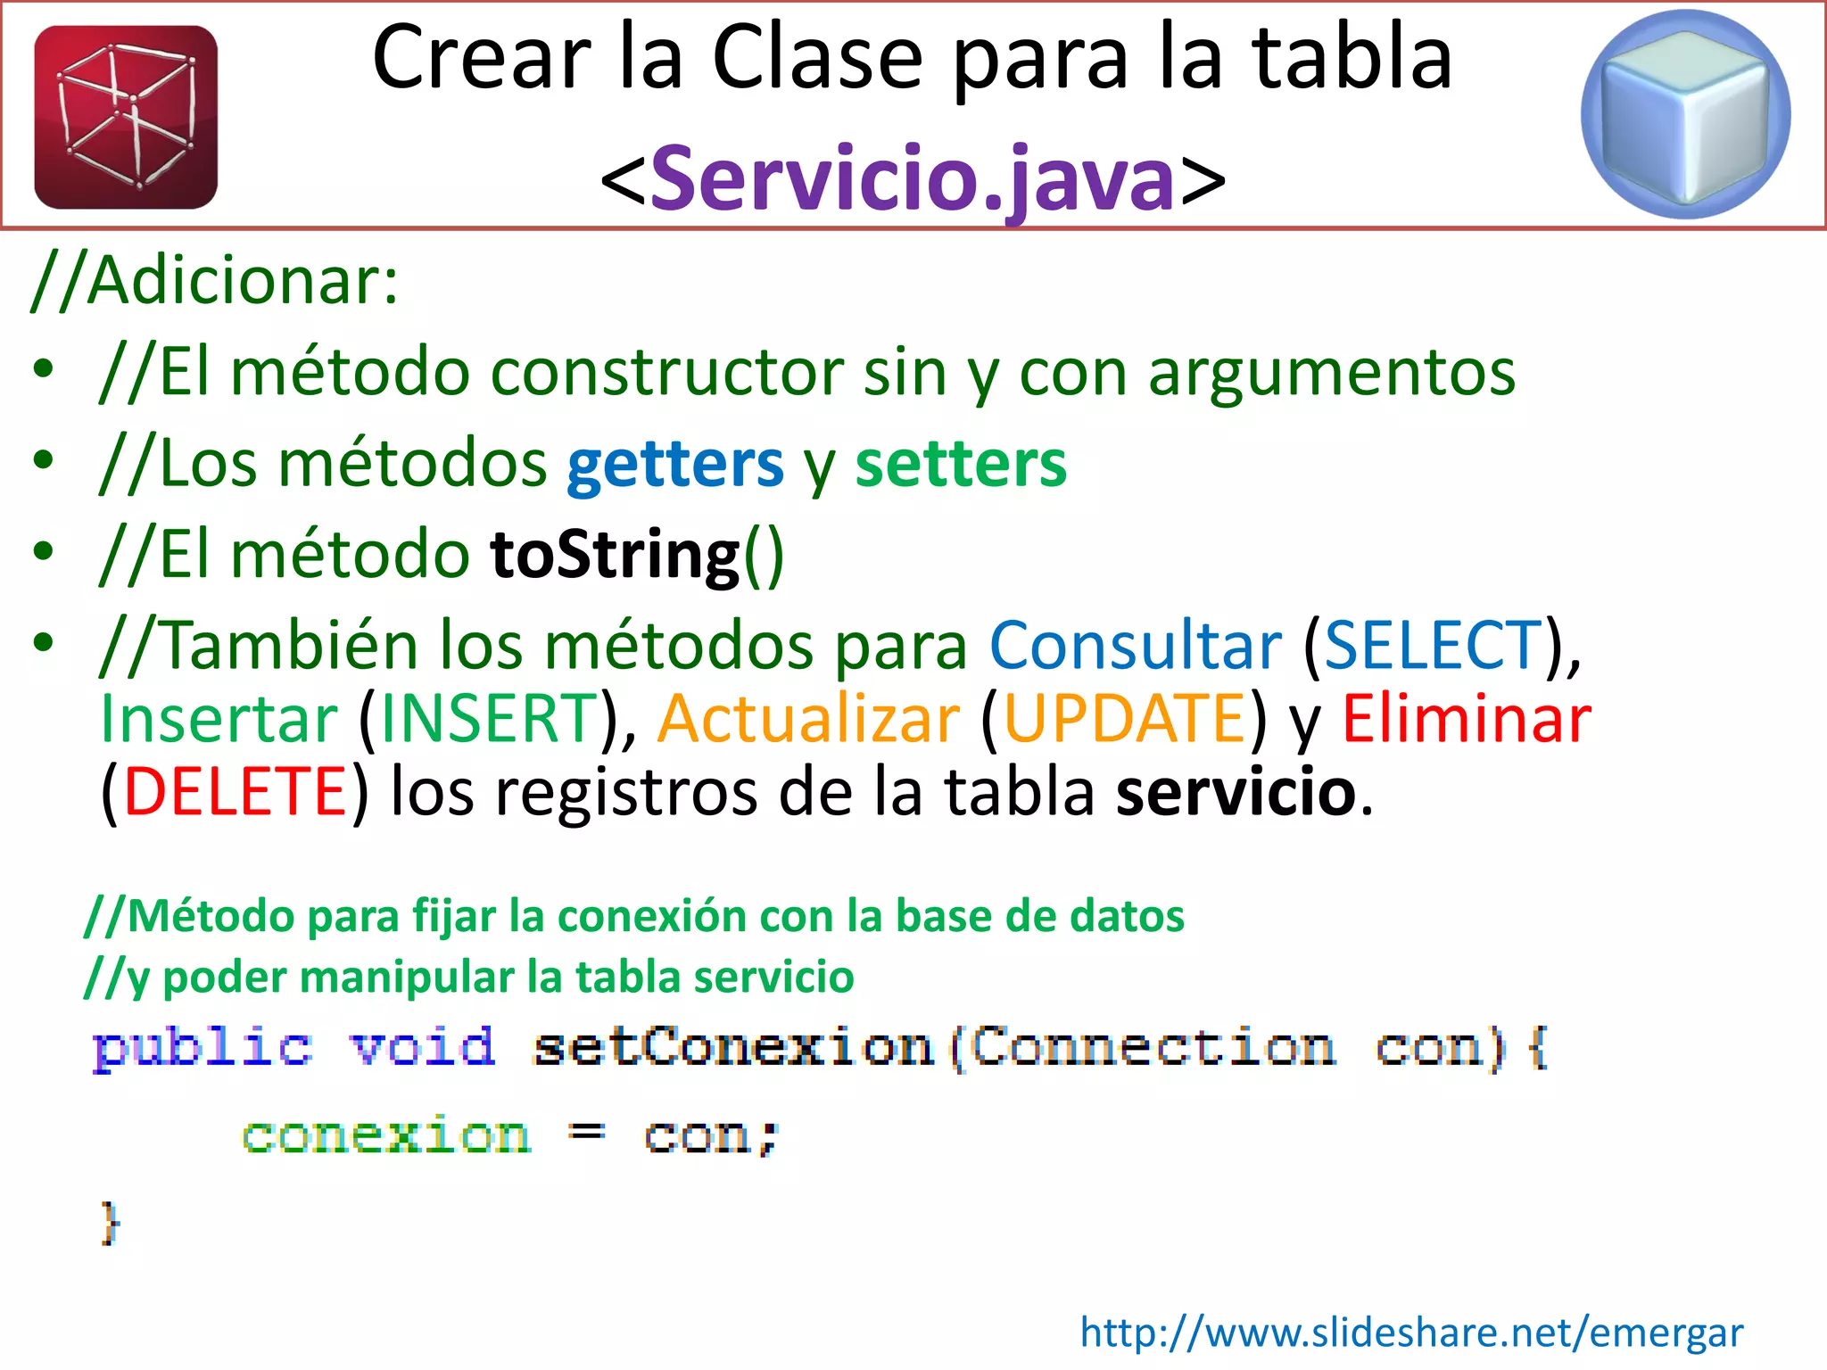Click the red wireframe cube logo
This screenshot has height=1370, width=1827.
tap(126, 117)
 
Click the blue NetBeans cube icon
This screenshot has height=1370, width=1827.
tap(1685, 114)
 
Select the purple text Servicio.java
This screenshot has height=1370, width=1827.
tap(912, 179)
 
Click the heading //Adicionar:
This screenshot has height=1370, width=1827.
tap(215, 281)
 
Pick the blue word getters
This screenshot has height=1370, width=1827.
tap(674, 464)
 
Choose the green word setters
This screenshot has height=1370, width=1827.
tap(960, 464)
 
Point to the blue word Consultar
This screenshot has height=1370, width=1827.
tap(1135, 645)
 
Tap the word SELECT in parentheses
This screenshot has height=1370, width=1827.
tap(1433, 645)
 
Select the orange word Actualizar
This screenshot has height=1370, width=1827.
tap(808, 718)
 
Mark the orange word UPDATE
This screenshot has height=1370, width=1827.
tap(1124, 718)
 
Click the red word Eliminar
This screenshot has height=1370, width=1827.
tap(1466, 718)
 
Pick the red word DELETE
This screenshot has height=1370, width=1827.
tap(235, 791)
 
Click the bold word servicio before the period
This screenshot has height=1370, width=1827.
tap(1236, 791)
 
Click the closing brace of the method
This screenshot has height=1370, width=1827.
tap(109, 1222)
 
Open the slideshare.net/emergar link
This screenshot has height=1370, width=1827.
tap(1410, 1333)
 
